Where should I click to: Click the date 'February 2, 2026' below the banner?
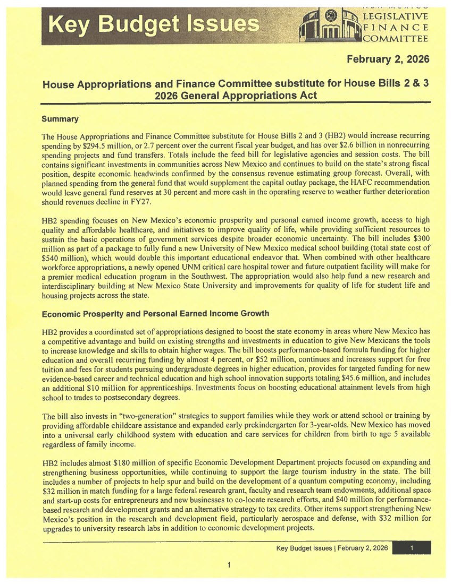388,57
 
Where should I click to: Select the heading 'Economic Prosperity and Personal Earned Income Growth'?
156,313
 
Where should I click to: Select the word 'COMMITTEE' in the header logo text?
396,38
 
